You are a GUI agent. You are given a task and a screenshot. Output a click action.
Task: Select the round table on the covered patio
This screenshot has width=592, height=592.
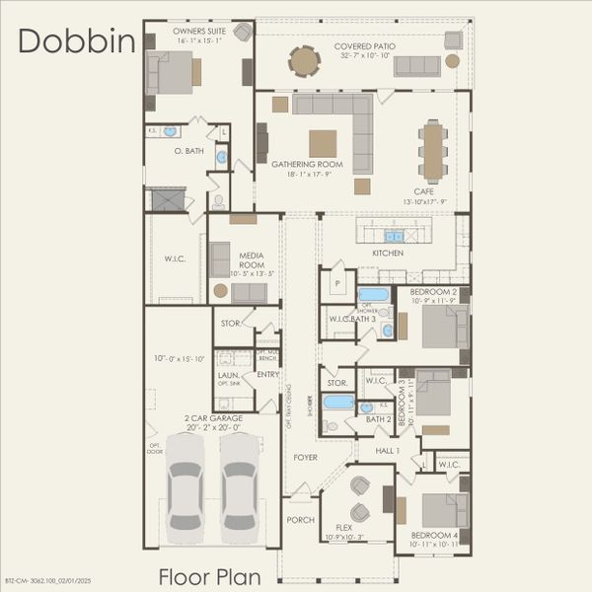(304, 62)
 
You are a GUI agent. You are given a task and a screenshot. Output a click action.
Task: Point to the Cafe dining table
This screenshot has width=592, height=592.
(432, 149)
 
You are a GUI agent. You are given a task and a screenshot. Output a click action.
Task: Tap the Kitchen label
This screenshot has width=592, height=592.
(388, 254)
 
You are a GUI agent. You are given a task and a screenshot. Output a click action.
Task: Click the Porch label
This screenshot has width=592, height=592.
(300, 520)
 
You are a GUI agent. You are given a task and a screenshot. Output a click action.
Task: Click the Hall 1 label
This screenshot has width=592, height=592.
(387, 451)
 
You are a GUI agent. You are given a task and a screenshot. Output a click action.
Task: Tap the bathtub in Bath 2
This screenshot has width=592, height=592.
(338, 403)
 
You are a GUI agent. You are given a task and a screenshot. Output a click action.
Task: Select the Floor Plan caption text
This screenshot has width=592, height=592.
(210, 576)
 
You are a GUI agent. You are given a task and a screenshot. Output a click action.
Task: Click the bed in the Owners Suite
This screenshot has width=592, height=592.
(174, 71)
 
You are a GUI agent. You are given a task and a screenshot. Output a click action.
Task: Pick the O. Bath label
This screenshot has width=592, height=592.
(187, 151)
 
